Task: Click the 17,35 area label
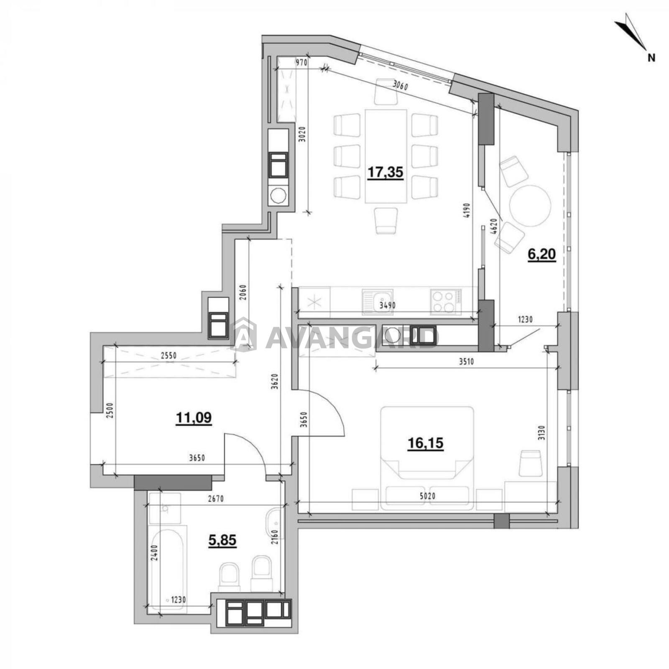[385, 172]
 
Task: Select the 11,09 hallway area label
[194, 417]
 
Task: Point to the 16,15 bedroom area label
[425, 443]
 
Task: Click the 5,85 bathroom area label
[222, 540]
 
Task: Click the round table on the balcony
[530, 206]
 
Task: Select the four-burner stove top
[446, 301]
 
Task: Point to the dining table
[386, 156]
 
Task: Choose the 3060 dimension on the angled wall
[400, 87]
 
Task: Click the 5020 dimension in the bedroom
[427, 496]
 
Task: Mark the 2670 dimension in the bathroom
[216, 498]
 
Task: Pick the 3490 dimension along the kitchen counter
[387, 306]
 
